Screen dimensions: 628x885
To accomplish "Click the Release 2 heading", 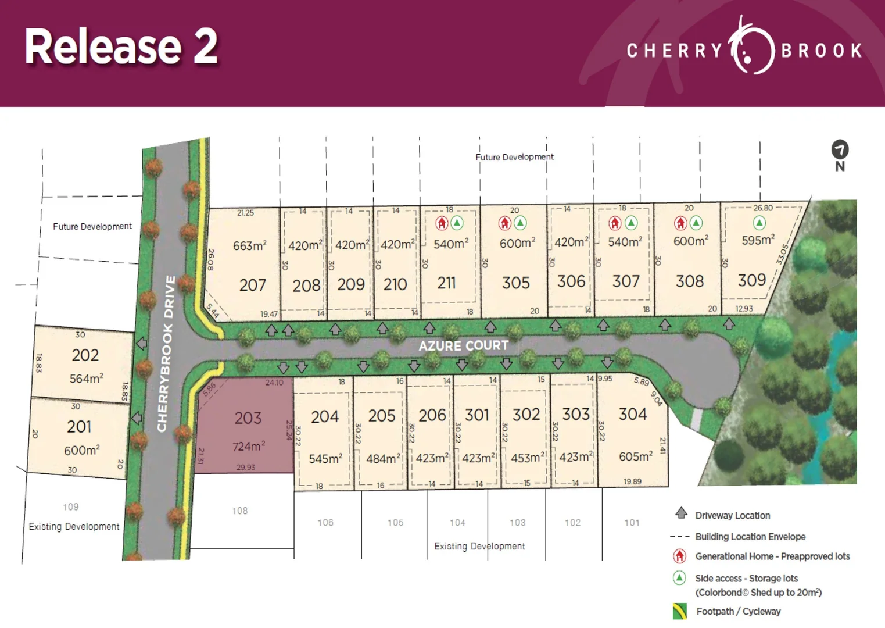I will (x=121, y=47).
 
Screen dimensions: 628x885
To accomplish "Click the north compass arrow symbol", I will (x=840, y=150).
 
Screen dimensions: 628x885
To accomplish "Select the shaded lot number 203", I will (x=248, y=418).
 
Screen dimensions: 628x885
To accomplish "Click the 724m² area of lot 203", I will (x=249, y=446).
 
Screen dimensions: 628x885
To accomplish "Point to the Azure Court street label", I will (x=463, y=346).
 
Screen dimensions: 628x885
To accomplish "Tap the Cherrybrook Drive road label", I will (x=166, y=354).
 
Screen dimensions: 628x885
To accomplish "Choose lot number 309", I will (x=752, y=280).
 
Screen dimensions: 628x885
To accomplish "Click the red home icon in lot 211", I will (x=442, y=223).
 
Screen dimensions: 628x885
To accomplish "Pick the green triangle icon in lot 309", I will (x=759, y=223).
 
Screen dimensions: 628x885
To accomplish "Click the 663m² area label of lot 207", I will (x=249, y=246).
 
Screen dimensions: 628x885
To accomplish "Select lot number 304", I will (x=632, y=414).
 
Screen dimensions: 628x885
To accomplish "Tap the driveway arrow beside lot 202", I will (x=141, y=344).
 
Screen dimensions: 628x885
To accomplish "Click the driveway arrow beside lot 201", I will (x=137, y=418).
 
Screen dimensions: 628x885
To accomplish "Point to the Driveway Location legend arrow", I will (x=681, y=513).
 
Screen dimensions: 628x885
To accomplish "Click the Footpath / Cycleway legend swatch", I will (x=679, y=611).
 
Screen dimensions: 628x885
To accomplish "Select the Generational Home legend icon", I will (x=679, y=556).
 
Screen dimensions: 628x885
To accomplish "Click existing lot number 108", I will (x=240, y=511).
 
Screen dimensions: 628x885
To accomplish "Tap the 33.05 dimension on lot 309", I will (x=782, y=255).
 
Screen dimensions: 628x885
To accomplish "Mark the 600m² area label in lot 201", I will (x=81, y=450).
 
